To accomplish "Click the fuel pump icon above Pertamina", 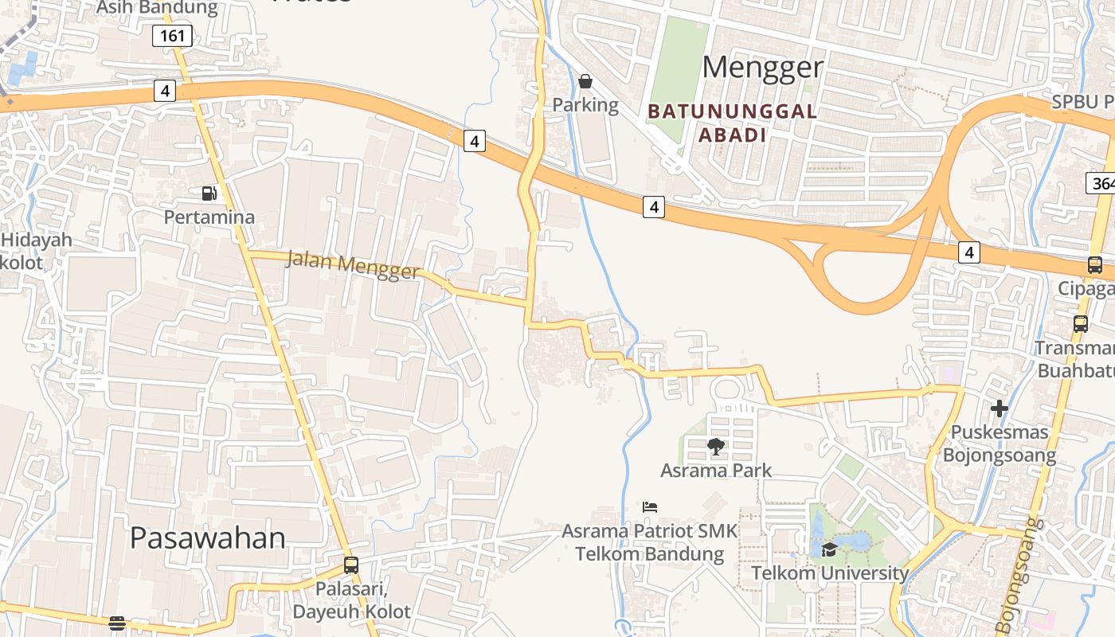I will (x=208, y=193).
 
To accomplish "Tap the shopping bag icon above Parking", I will (x=585, y=81).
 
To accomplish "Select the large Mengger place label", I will (x=762, y=68).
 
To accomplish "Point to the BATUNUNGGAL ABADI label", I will (x=733, y=123).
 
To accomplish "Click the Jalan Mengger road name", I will (x=352, y=265).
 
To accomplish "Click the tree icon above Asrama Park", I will (x=716, y=447).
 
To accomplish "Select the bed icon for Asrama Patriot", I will (x=650, y=507).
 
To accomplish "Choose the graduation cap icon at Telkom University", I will (x=829, y=549).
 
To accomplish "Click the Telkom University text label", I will (x=830, y=573).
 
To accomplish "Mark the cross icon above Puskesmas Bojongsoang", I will (x=1000, y=409).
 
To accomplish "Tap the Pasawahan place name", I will (x=207, y=538).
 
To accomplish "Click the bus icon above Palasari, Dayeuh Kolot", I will (x=351, y=565).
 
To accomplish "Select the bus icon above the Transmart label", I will (x=1081, y=324).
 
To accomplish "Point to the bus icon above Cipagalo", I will (x=1095, y=265).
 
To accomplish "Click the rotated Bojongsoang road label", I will (x=1016, y=576).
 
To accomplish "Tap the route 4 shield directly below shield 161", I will (x=165, y=91).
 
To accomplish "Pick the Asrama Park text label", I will (x=716, y=471).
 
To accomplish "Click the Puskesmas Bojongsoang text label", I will (x=1000, y=444).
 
